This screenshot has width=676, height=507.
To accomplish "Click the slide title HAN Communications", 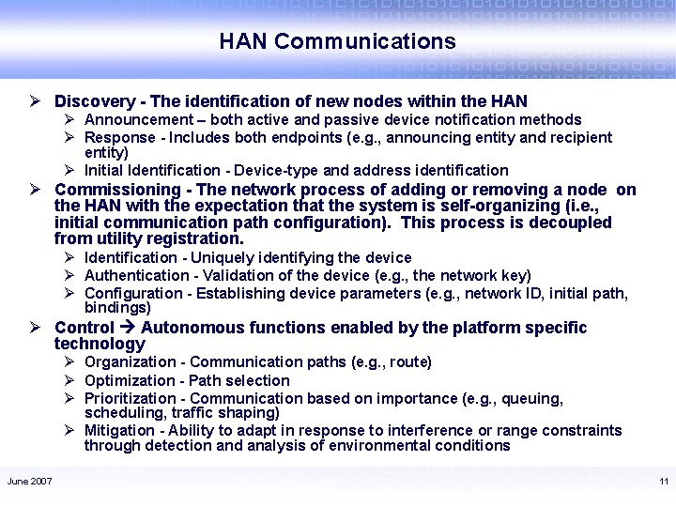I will click(x=337, y=41).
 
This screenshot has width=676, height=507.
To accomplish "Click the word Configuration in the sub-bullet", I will click(x=128, y=293).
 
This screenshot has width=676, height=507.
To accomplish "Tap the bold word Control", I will click(x=84, y=328).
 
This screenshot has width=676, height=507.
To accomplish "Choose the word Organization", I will click(x=126, y=362).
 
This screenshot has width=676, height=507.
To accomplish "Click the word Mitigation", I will click(x=119, y=431).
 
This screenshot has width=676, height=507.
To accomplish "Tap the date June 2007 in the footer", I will click(x=30, y=482).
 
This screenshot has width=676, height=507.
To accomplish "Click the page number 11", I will click(x=663, y=482).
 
